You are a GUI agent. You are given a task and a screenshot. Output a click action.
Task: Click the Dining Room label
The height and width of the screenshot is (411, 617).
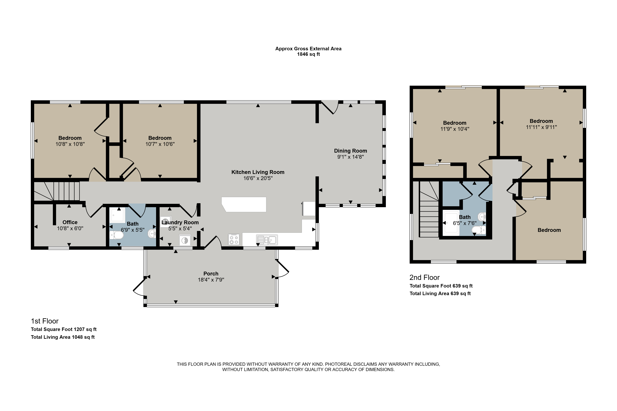tap(350, 151)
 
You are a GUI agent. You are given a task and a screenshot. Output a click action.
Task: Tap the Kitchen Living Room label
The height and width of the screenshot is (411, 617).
tap(258, 172)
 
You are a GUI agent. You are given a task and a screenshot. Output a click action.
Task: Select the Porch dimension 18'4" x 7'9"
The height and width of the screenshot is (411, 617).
tap(211, 280)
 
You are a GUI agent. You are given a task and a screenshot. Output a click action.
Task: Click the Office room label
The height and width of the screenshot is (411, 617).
tap(70, 222)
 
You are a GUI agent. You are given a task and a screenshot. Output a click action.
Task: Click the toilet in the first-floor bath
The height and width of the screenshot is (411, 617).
tap(116, 235)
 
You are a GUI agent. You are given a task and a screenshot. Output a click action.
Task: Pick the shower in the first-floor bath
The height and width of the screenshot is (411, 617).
tap(117, 215)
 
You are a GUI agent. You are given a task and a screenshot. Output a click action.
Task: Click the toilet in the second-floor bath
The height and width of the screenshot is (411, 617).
tap(479, 230)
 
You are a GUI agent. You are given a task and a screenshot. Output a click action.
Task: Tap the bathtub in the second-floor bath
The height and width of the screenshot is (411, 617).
tap(451, 223)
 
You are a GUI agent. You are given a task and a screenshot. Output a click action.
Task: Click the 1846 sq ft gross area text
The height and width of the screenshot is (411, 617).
tap(308, 54)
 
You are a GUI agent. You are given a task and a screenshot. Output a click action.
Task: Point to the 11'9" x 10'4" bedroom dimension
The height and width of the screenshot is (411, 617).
tap(455, 129)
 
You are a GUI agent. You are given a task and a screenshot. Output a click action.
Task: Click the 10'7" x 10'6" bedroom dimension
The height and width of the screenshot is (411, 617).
tap(160, 144)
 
